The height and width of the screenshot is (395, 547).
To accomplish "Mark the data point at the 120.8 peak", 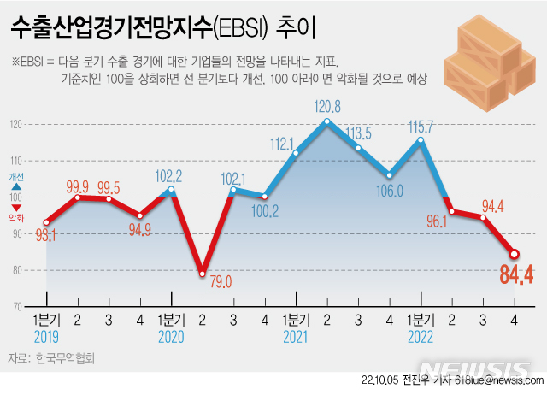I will click(x=327, y=121).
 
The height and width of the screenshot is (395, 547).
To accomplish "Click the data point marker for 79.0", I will click(x=203, y=274).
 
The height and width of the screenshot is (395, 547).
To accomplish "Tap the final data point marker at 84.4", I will click(x=515, y=253).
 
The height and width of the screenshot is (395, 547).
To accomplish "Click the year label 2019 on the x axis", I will click(x=47, y=337).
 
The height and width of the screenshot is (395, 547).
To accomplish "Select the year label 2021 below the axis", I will click(x=296, y=337).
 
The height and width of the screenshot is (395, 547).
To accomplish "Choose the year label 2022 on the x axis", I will click(x=421, y=337).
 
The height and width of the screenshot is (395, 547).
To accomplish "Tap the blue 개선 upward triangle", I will click(x=16, y=186).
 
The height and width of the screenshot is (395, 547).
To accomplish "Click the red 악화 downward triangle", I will click(x=16, y=206).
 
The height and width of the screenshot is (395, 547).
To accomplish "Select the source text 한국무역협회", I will click(x=64, y=359).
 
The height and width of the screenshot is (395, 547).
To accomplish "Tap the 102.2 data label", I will click(x=172, y=174).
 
